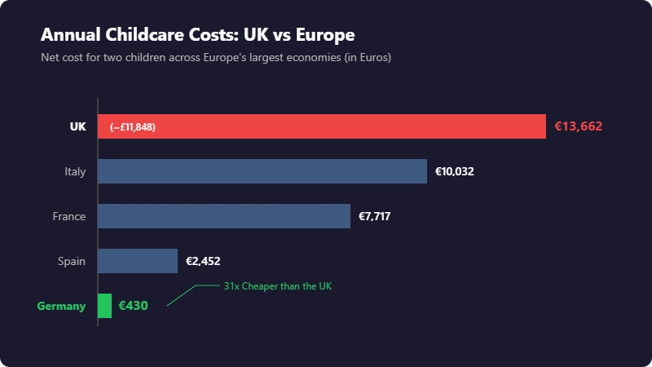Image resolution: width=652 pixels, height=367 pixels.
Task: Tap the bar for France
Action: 224,216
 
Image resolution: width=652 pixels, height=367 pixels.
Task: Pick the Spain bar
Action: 138,261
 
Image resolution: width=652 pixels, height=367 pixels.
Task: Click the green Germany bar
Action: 104,306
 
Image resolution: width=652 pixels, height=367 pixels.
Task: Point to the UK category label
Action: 77,126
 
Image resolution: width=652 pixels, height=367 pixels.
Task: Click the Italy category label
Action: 75,171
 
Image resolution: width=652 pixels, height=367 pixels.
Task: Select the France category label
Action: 69,216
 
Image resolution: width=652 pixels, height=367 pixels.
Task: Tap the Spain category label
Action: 72,261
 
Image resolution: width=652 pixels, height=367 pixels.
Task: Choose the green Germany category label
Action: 61,306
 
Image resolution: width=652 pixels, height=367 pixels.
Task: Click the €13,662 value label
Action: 579,126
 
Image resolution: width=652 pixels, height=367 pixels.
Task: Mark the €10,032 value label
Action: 455,171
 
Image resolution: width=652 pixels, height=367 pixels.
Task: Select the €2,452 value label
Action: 203,261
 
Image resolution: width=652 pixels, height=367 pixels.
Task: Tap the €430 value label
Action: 133,306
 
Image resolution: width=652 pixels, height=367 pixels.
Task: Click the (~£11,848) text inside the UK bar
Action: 133,127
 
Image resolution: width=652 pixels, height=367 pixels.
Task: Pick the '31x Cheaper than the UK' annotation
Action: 278,286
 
